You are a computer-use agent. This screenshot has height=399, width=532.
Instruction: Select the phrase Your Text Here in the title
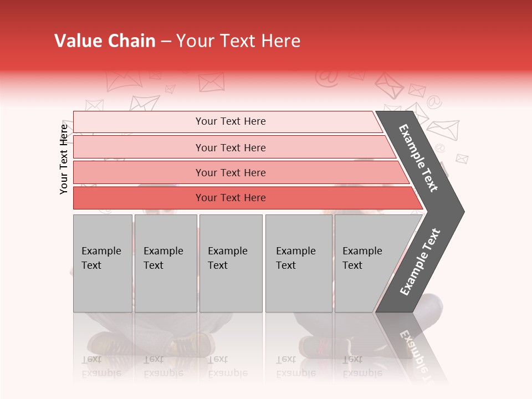(x=238, y=41)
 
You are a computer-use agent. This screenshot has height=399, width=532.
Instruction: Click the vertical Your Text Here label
(x=64, y=159)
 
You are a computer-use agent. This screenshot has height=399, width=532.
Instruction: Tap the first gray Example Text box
(x=103, y=263)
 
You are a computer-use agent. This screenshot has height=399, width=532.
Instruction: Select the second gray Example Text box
(x=165, y=263)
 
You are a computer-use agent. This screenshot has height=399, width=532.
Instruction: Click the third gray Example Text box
(x=231, y=263)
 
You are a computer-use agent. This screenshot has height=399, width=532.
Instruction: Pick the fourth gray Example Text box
(x=298, y=263)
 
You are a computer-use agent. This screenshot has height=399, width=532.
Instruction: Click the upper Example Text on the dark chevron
(x=418, y=158)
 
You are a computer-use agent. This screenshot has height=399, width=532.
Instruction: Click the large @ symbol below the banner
(x=327, y=78)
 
